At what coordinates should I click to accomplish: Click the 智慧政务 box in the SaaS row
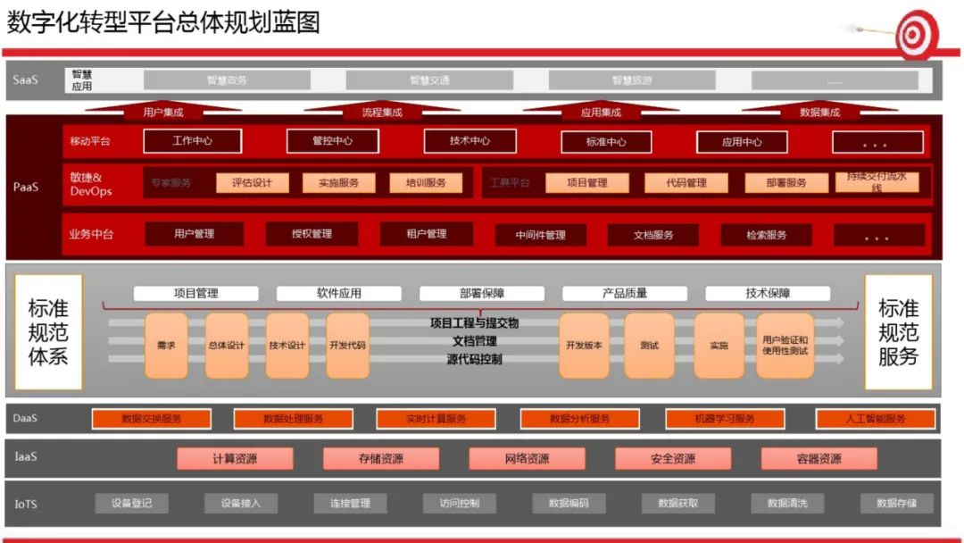click(x=227, y=80)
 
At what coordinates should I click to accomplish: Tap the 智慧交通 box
click(x=429, y=80)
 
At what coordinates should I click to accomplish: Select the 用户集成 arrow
click(x=162, y=112)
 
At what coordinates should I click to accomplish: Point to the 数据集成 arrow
click(x=819, y=112)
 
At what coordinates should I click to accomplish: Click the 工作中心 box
click(x=193, y=141)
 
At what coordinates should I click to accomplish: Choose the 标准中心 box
click(x=606, y=142)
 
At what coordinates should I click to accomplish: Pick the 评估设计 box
click(x=253, y=183)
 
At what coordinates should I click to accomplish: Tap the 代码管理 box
click(x=686, y=183)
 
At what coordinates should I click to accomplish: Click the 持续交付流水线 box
click(x=877, y=182)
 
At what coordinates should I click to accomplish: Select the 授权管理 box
click(x=312, y=234)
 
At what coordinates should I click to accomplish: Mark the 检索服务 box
click(x=767, y=235)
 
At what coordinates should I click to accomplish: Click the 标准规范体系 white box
click(x=48, y=332)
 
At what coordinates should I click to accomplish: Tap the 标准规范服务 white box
click(x=898, y=332)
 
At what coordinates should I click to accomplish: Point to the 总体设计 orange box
click(x=227, y=345)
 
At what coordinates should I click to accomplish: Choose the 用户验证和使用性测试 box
click(x=785, y=345)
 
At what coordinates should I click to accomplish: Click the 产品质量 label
click(x=624, y=293)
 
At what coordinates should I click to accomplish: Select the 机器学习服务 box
click(x=725, y=419)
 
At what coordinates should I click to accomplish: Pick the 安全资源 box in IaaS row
click(x=672, y=459)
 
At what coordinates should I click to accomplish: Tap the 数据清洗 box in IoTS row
click(x=787, y=504)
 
